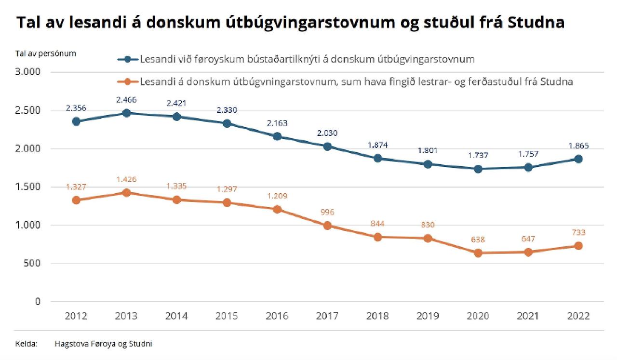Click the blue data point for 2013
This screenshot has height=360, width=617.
[126, 113]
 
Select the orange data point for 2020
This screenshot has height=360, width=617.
[478, 253]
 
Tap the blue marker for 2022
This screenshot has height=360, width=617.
[578, 159]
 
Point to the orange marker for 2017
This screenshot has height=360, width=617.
[327, 226]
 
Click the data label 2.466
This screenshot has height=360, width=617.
[126, 100]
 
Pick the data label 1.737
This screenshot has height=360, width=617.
[478, 155]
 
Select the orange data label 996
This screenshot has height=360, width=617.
[327, 212]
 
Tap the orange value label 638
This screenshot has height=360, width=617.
[478, 240]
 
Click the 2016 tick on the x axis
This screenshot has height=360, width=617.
[277, 316]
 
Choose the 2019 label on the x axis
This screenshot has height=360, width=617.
[428, 316]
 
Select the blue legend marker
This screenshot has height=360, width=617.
[128, 59]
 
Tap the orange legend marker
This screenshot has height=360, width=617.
[128, 82]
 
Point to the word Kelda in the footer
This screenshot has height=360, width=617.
[24, 344]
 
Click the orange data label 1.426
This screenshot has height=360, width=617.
[126, 179]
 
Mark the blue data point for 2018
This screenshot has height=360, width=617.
[378, 158]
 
